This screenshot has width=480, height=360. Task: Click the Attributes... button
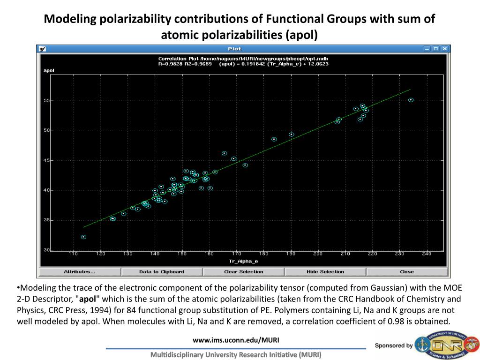click(x=79, y=272)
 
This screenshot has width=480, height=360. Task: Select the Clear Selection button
click(x=244, y=272)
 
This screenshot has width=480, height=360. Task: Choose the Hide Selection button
click(x=325, y=272)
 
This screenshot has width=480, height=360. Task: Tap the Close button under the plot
click(x=407, y=272)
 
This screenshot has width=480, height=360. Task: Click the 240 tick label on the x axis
click(x=427, y=254)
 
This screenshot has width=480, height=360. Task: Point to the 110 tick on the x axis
click(x=73, y=254)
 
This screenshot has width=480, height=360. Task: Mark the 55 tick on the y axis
click(x=46, y=101)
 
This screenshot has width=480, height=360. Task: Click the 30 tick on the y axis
click(x=46, y=250)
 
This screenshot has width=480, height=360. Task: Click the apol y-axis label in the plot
click(x=49, y=70)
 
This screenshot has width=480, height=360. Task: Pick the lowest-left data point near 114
click(x=83, y=237)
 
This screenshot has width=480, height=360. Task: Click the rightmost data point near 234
click(x=411, y=100)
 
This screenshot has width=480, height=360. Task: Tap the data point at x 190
click(x=291, y=135)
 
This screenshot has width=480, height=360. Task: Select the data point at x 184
click(x=274, y=139)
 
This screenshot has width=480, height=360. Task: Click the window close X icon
click(x=444, y=49)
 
